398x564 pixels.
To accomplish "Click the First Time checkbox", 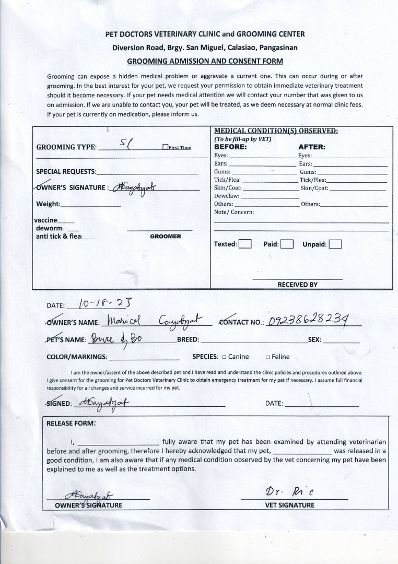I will [x=165, y=147].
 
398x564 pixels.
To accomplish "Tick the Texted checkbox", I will [x=245, y=244].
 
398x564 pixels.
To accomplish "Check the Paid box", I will [x=287, y=244].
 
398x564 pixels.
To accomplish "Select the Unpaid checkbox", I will [x=335, y=244].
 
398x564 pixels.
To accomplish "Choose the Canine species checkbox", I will [x=224, y=357].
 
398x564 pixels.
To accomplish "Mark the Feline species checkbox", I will [x=267, y=357].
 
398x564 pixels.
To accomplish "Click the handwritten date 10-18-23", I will [x=104, y=303].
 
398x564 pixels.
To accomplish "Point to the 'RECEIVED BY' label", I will [x=297, y=285].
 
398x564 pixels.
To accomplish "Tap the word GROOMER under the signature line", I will [x=165, y=237].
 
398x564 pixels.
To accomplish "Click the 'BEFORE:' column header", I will [x=230, y=147].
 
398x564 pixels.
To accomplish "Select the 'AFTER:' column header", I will [x=312, y=147].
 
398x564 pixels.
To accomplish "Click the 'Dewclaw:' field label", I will [x=227, y=196].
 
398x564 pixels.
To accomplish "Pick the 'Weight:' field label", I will [x=48, y=204].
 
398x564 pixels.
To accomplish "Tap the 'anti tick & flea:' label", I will [x=58, y=237].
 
